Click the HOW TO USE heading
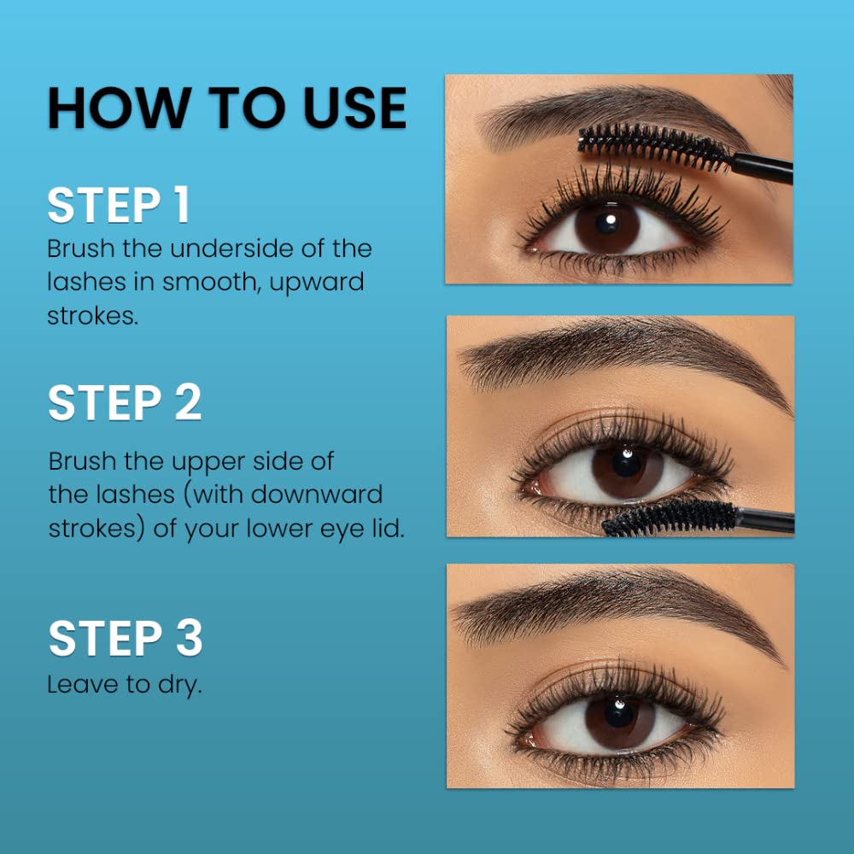(226, 108)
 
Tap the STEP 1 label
(118, 206)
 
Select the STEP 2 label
(125, 403)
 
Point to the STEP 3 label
(126, 639)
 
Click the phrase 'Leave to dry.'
(125, 685)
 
